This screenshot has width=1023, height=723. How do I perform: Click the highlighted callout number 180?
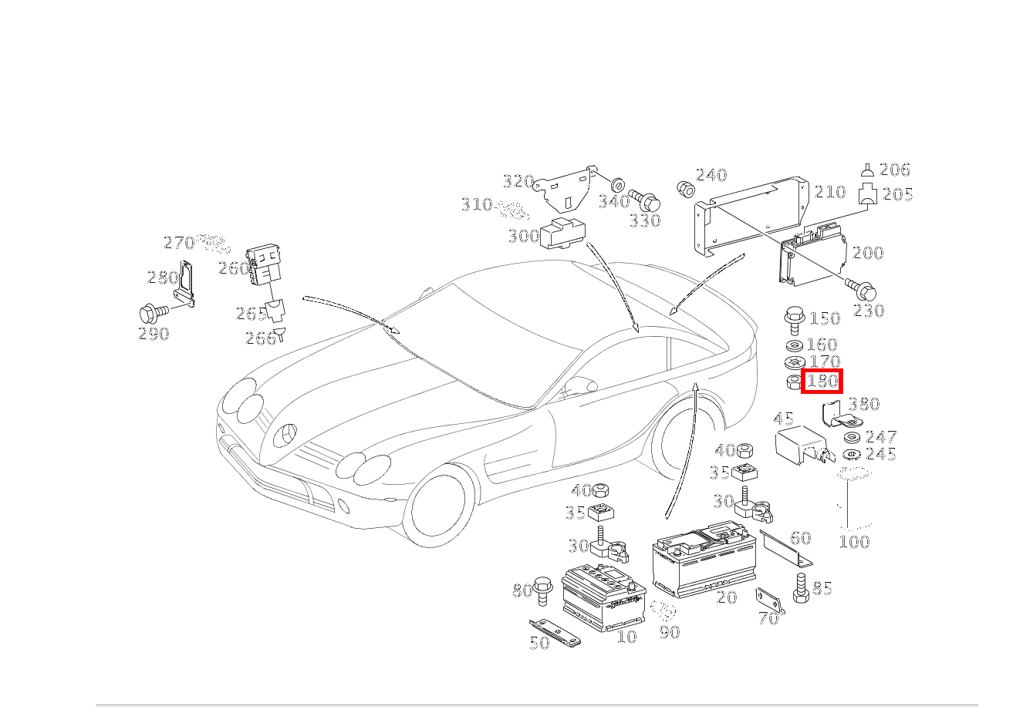click(x=822, y=381)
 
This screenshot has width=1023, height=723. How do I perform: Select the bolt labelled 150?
click(x=792, y=317)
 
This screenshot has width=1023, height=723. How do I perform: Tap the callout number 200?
click(x=868, y=253)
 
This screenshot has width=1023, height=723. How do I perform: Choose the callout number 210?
click(x=830, y=192)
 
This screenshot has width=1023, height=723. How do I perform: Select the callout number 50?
click(x=539, y=642)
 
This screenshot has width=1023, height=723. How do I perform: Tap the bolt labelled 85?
click(x=799, y=588)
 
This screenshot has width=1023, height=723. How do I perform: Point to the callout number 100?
click(x=854, y=541)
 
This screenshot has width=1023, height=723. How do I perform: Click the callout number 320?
click(x=518, y=181)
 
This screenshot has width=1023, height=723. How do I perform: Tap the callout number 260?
click(x=233, y=268)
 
